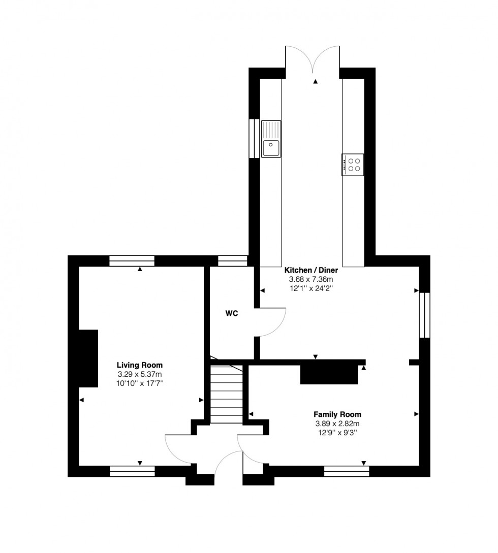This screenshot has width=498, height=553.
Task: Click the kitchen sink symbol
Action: click(271, 139)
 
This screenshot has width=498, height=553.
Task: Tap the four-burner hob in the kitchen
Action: click(353, 164)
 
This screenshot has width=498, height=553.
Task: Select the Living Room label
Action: click(140, 365)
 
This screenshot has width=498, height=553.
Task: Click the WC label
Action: click(232, 313)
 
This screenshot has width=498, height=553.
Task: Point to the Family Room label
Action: click(337, 414)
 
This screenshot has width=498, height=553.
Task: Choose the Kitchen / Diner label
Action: click(310, 270)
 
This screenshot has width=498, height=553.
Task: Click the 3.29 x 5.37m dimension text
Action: click(140, 374)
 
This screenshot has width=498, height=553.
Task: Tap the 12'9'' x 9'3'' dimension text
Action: click(337, 433)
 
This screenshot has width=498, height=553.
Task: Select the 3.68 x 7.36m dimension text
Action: click(310, 279)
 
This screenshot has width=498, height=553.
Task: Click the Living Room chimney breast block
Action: click(88, 359)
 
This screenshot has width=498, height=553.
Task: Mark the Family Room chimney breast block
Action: click(329, 374)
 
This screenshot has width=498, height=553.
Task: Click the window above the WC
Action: click(232, 261)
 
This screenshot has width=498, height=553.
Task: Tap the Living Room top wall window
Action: click(132, 261)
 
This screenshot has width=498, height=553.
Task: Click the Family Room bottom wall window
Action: click(347, 471)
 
